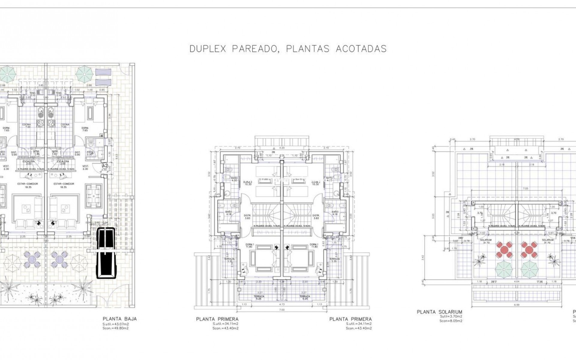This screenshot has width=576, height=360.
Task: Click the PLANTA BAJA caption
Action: point(120,319)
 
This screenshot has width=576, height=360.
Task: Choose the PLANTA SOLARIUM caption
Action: point(439,312)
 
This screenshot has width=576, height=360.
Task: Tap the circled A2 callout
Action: point(105,165)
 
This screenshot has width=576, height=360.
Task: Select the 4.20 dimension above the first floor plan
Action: point(281,148)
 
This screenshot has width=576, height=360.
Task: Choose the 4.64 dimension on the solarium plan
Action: point(517,282)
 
